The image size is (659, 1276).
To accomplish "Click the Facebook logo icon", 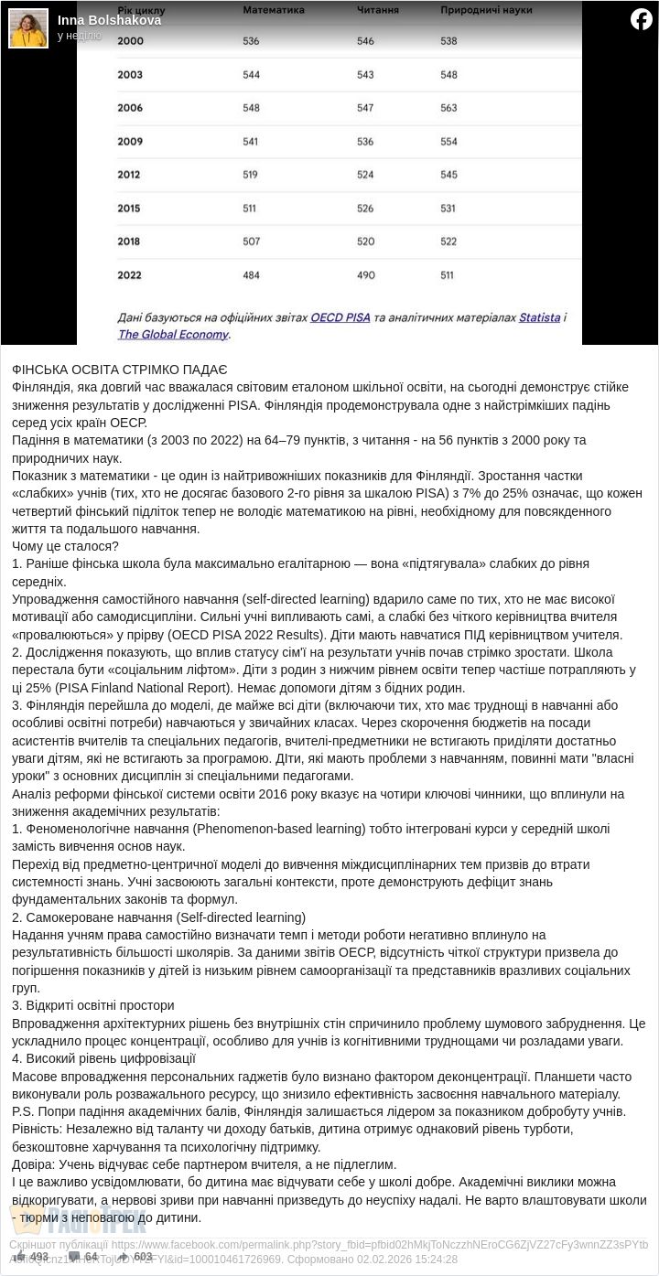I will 642,19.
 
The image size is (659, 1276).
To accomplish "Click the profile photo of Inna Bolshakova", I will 28,28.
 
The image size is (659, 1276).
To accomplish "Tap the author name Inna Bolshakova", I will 109,20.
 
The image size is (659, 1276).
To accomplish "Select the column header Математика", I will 274,10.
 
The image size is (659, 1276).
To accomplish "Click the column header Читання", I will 377,10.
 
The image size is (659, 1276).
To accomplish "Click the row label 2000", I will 131,41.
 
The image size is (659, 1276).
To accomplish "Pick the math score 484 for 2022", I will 251,274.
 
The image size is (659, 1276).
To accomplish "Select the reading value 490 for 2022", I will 365,274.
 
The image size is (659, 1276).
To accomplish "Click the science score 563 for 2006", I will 448,108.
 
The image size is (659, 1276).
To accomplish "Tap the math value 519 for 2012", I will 251,175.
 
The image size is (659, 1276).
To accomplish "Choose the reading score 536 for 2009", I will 365,142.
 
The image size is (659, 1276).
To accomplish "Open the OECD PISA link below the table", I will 340,317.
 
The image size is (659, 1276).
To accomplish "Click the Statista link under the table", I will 539,317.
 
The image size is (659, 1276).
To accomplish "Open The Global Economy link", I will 173,334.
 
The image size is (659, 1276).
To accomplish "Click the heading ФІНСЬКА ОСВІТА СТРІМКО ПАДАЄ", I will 120,370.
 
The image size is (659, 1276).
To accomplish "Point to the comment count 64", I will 91,1257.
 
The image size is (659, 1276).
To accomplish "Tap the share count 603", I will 143,1257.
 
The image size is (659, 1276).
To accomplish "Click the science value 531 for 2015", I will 448,209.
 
